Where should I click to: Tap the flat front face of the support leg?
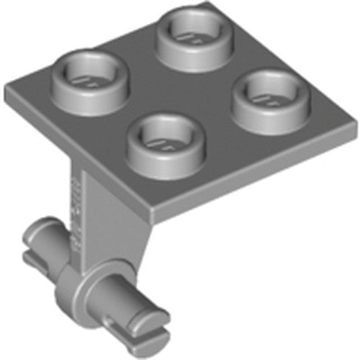108,209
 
